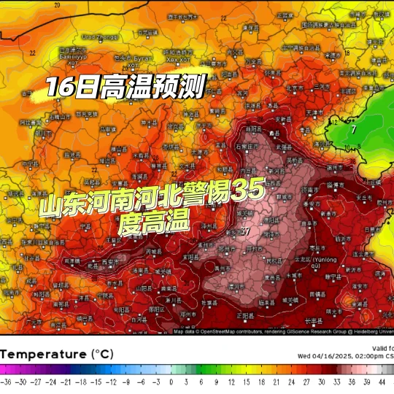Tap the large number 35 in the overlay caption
pyautogui.click(x=249, y=192)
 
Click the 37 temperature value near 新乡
pyautogui.click(x=246, y=231)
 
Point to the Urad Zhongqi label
pyautogui.click(x=99, y=36)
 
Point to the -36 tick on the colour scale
pyautogui.click(x=6, y=382)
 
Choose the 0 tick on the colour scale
pyautogui.click(x=171, y=382)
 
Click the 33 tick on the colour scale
pyautogui.click(x=336, y=382)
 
